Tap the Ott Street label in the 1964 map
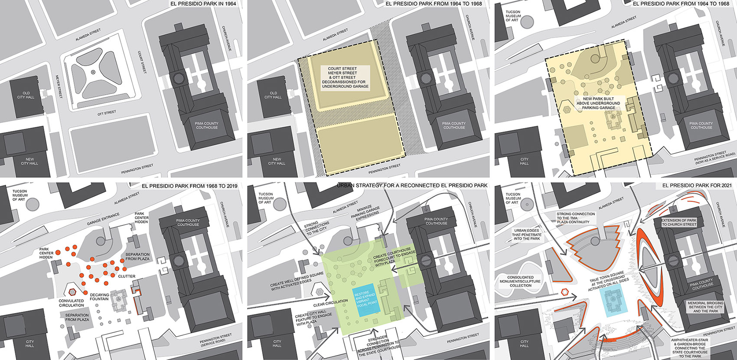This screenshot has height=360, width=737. (x=107, y=112)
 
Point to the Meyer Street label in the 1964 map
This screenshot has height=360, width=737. (x=59, y=86)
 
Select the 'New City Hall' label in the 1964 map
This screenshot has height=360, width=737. (x=29, y=161)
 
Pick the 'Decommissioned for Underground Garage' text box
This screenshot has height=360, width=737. (x=345, y=77)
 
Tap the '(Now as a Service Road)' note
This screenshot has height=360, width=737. (x=715, y=159)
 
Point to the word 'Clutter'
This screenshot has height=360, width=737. (x=127, y=276)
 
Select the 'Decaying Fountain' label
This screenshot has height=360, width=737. (x=100, y=297)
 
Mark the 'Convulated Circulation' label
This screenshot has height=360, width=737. (x=72, y=303)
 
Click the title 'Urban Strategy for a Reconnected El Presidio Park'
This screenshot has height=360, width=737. (x=412, y=185)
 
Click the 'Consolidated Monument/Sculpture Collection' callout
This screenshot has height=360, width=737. (x=520, y=281)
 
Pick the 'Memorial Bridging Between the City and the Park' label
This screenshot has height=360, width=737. (x=705, y=307)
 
